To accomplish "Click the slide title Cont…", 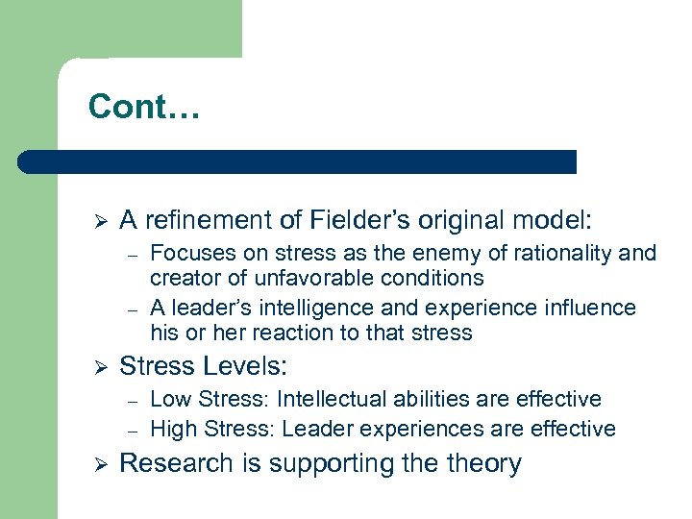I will (143, 106).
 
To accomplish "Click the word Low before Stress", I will (170, 399).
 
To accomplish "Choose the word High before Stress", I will (173, 428).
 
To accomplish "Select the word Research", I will (176, 463).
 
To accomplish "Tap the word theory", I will (484, 463).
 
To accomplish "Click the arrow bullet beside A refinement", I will (94, 221).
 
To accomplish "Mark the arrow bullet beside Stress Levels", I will (94, 367).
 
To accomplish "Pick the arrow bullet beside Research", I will (94, 464).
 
